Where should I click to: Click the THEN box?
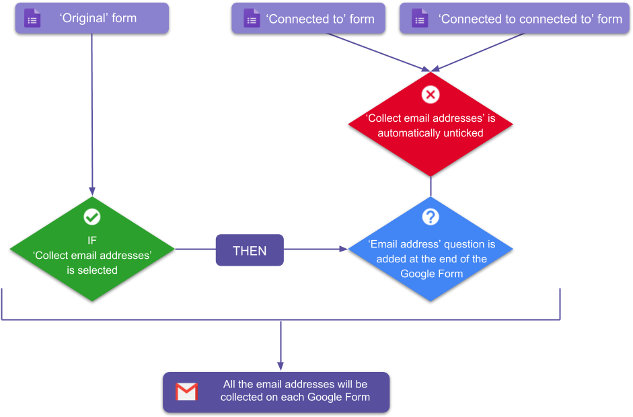coord(250,250)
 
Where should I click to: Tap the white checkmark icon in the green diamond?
coord(92,217)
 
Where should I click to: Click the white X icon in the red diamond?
coord(431,94)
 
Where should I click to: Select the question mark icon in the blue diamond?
coord(431,217)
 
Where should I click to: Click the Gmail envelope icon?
coord(186,391)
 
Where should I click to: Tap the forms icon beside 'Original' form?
coord(32,19)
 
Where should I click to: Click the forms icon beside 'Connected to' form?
coord(251,20)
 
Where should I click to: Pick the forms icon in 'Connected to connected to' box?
coord(419,20)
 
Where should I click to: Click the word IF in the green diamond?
coord(92,240)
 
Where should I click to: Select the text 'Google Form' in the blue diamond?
coord(431,274)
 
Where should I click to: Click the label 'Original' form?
coord(98,18)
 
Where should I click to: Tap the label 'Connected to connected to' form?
coord(530,19)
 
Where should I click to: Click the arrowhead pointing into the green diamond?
coord(92,191)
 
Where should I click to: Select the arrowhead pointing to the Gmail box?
coord(281,367)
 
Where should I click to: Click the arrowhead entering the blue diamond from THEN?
coord(343,250)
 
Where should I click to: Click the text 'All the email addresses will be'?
coord(295,384)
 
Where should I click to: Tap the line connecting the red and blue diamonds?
coord(431,186)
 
